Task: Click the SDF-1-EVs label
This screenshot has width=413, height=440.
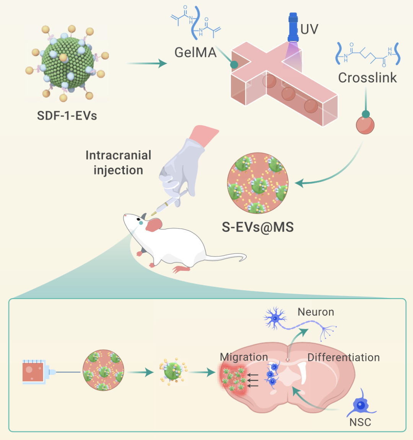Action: click(x=67, y=115)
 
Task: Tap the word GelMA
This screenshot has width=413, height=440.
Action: click(x=195, y=52)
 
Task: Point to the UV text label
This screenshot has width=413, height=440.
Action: click(x=309, y=29)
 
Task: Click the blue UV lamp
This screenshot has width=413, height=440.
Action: click(x=293, y=28)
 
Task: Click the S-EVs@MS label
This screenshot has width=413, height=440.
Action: click(x=258, y=227)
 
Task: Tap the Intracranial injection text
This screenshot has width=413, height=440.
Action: click(x=119, y=162)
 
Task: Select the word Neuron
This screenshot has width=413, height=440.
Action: click(x=316, y=312)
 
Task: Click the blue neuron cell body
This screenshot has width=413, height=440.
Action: click(x=275, y=317)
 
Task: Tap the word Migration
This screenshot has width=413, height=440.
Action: click(x=244, y=357)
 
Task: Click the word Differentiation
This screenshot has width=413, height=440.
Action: click(x=343, y=357)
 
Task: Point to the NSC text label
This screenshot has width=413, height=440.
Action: click(x=360, y=422)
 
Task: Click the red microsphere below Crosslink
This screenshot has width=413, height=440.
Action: click(x=365, y=125)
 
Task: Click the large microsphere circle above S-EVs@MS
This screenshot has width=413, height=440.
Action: click(x=257, y=183)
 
